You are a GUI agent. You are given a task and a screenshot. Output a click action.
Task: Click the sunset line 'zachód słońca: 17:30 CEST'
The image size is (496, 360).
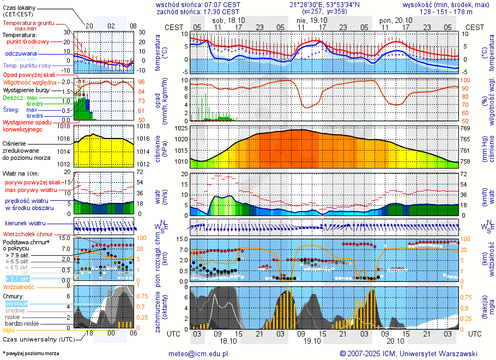coord(197,11)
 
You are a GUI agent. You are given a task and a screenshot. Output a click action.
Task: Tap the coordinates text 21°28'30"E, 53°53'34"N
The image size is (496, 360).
coord(332,4)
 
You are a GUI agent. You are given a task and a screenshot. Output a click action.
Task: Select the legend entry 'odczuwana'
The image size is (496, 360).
coord(21,54)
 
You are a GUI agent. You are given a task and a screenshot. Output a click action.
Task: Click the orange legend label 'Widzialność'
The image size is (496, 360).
coord(19,286)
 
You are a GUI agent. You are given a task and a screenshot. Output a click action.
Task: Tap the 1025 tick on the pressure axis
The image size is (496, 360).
coord(181,128)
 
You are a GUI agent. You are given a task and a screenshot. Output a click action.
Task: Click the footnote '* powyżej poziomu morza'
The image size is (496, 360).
coord(31,353)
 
